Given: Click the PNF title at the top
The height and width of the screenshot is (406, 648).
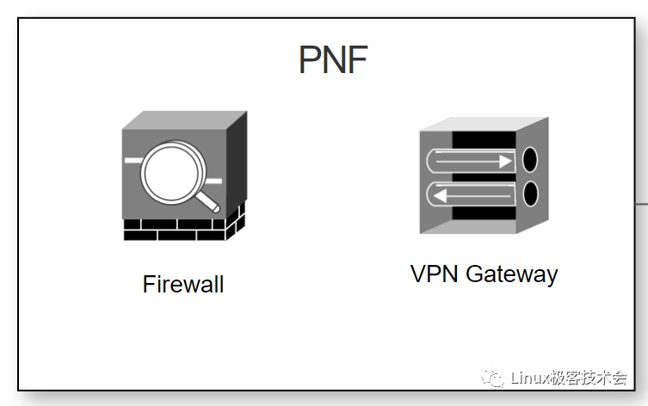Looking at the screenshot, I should pyautogui.click(x=333, y=61).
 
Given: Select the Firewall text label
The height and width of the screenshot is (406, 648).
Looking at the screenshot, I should pyautogui.click(x=183, y=285).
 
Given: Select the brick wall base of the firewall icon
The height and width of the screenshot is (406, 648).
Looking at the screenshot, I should pyautogui.click(x=181, y=228).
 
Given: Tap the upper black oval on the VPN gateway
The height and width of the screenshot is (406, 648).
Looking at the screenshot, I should pyautogui.click(x=531, y=160).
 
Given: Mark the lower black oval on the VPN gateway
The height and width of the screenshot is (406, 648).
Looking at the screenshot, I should pyautogui.click(x=531, y=193).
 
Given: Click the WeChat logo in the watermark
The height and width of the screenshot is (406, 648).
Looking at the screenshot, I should pyautogui.click(x=493, y=378).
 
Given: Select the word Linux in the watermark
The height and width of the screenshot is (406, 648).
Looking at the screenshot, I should pyautogui.click(x=531, y=378).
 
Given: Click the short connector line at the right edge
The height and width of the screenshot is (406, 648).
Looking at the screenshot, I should pyautogui.click(x=641, y=204).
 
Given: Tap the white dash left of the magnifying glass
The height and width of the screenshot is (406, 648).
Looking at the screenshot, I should pyautogui.click(x=133, y=161).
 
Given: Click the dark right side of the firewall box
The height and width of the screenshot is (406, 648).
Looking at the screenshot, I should pyautogui.click(x=236, y=168).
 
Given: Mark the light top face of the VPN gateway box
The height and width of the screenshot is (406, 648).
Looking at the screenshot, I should pyautogui.click(x=482, y=125).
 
